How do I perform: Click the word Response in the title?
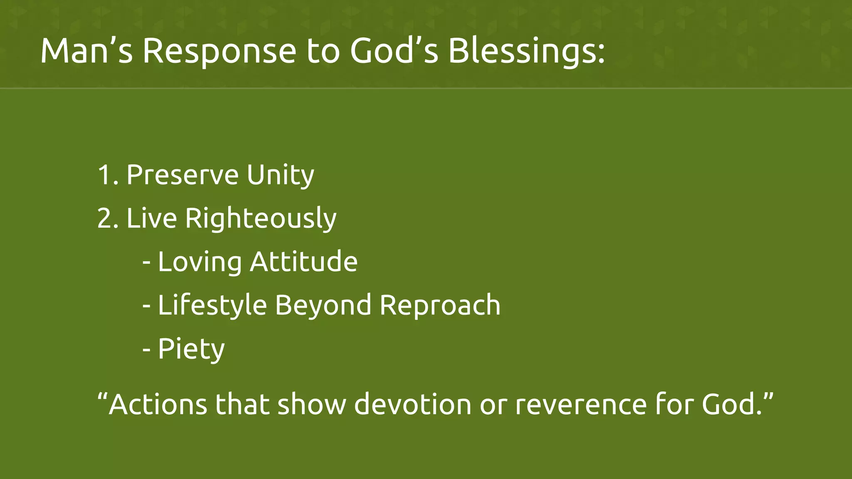pyautogui.click(x=219, y=51)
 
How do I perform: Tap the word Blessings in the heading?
pyautogui.click(x=526, y=51)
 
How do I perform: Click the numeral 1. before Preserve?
pyautogui.click(x=108, y=175)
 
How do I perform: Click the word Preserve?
pyautogui.click(x=182, y=175)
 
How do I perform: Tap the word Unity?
pyautogui.click(x=280, y=175)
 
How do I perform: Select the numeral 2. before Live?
pyautogui.click(x=108, y=218)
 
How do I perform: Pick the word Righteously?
pyautogui.click(x=260, y=218)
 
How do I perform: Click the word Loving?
pyautogui.click(x=200, y=262)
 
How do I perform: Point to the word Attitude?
pyautogui.click(x=304, y=262)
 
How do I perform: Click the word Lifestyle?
pyautogui.click(x=212, y=306)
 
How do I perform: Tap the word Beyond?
pyautogui.click(x=323, y=306)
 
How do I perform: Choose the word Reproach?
pyautogui.click(x=440, y=306)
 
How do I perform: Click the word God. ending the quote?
pyautogui.click(x=732, y=404)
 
